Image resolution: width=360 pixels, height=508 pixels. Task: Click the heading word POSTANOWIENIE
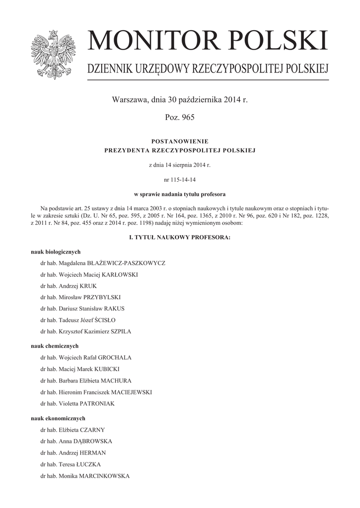point(179,141)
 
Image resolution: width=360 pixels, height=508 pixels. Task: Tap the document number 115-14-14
point(180,179)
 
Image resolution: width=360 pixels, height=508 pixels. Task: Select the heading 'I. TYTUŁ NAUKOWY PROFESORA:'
point(180,238)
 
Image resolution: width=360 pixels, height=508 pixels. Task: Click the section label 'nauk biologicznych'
point(56,252)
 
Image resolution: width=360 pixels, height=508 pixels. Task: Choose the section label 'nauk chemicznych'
point(55,346)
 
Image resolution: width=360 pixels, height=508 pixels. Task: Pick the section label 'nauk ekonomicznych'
point(58,418)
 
